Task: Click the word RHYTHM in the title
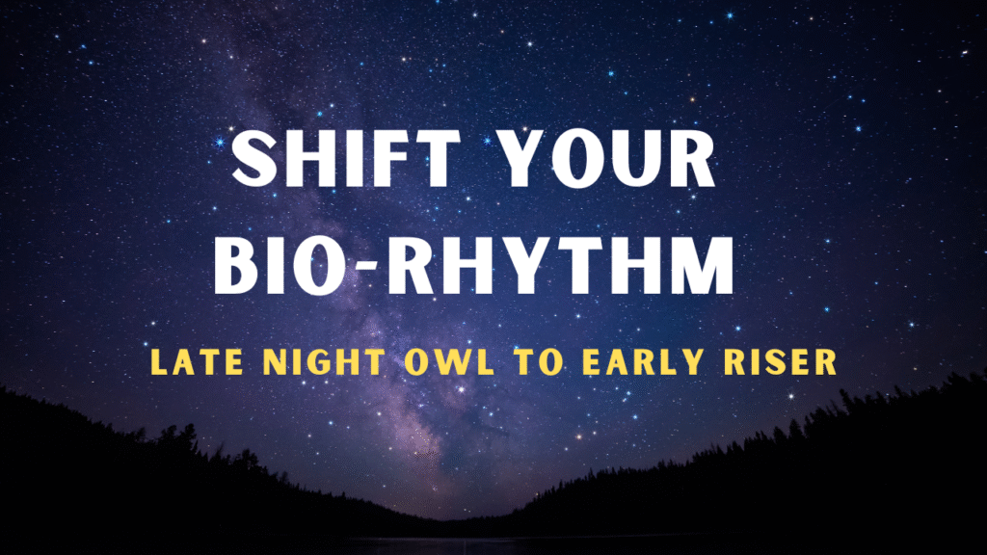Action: (560, 266)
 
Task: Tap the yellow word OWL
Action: (449, 362)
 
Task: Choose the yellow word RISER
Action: (781, 362)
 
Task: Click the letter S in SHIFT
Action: (254, 159)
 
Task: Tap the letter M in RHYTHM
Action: (703, 266)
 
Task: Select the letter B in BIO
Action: (237, 266)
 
